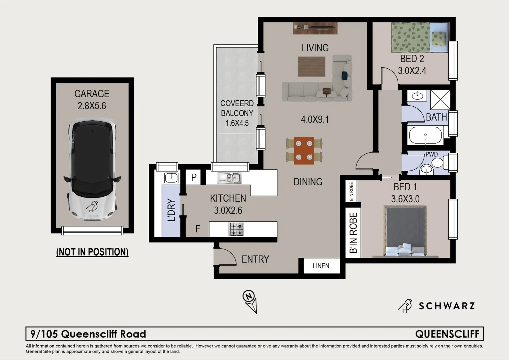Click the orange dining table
click(x=304, y=151)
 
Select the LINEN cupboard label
click(x=321, y=266)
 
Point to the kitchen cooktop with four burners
click(x=236, y=229)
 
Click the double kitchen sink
click(x=229, y=178)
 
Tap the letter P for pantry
click(x=194, y=177)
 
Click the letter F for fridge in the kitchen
click(x=198, y=229)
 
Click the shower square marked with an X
click(x=440, y=100)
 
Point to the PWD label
click(x=431, y=154)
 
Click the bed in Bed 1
click(x=405, y=232)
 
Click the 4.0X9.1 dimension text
click(x=315, y=119)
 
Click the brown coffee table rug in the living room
click(x=311, y=66)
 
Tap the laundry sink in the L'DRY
click(x=171, y=178)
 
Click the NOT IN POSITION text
click(x=92, y=252)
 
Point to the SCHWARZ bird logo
click(x=405, y=306)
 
